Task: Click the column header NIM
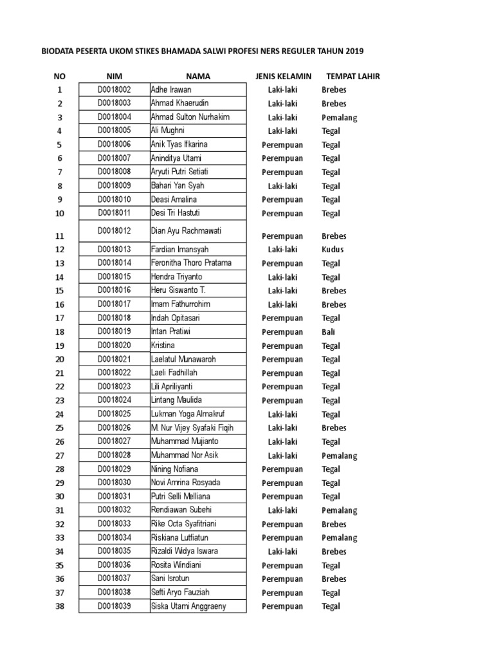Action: pos(114,76)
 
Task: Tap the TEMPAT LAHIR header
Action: pos(352,76)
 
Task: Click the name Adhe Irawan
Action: pos(171,89)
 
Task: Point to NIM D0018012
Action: pos(114,230)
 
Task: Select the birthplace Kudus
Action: pos(333,250)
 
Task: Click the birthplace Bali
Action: pos(328,332)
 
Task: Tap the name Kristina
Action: pos(163,345)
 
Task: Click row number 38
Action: pos(60,606)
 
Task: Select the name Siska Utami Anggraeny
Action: pos(188,606)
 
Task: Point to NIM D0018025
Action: pos(114,414)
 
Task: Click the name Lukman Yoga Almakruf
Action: pos(188,414)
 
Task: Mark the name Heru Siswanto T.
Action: pos(178,290)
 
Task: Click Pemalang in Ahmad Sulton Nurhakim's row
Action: pos(339,118)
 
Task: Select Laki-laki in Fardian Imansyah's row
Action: pos(283,250)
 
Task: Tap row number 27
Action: pos(60,456)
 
